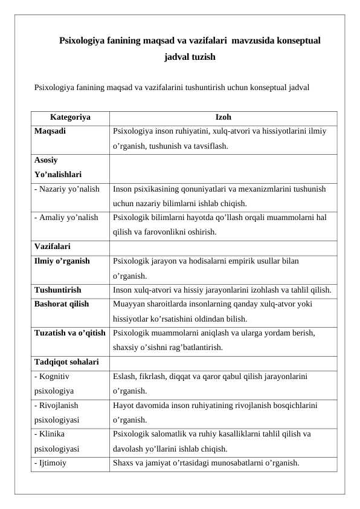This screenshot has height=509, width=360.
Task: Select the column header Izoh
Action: coord(223,117)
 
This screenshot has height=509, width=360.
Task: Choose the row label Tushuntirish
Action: coord(66,290)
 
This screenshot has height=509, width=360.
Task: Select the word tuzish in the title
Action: coord(202,58)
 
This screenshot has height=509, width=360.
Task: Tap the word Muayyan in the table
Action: coord(129,304)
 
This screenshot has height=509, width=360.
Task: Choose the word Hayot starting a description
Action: coord(124,405)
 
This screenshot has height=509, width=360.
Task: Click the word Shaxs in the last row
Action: coord(123,464)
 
